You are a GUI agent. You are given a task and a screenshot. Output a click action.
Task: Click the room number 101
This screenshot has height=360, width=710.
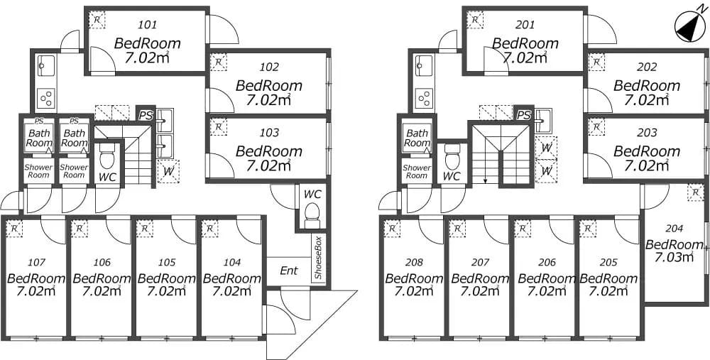[x=147, y=25]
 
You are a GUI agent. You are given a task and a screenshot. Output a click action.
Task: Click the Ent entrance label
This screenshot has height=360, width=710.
[x=289, y=271]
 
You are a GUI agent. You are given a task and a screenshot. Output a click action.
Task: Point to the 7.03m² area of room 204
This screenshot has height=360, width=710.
[x=674, y=258]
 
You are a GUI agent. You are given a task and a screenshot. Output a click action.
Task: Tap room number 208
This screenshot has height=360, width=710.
[x=415, y=262]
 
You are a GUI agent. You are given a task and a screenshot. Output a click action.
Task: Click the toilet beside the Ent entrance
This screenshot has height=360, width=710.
[x=312, y=214]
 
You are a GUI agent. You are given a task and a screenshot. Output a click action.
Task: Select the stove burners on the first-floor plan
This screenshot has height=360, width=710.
[x=45, y=98]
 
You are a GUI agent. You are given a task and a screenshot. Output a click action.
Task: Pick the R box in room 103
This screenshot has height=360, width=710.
[x=219, y=127]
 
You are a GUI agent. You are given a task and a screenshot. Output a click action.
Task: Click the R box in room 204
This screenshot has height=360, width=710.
[x=695, y=192]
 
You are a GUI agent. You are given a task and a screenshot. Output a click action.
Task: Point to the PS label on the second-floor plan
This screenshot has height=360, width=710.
[x=524, y=115]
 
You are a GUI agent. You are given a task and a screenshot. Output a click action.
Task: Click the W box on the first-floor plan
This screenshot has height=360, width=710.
[x=168, y=172]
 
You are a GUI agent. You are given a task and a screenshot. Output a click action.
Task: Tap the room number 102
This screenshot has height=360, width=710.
[x=269, y=67]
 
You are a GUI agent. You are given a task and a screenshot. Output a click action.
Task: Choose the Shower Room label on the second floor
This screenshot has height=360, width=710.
[x=417, y=172]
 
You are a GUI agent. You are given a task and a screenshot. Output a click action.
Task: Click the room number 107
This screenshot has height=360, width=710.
[x=37, y=262]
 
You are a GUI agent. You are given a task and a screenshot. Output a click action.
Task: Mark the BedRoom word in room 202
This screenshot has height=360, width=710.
[x=647, y=86]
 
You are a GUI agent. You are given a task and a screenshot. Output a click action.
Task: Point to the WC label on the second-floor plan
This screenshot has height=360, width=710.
[x=452, y=177]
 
